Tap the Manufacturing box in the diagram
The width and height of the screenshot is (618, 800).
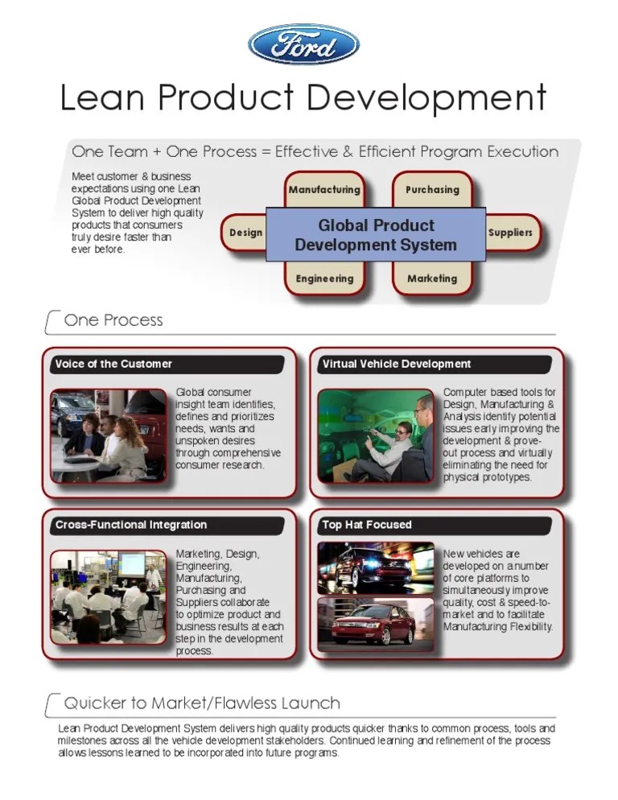click(324, 189)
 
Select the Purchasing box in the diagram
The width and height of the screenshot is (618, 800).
click(432, 189)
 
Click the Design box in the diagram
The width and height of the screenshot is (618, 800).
click(245, 233)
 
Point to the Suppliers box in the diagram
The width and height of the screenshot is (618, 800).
click(510, 233)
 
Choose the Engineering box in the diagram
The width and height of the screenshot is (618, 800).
click(324, 278)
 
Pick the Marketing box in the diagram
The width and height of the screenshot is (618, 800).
click(432, 278)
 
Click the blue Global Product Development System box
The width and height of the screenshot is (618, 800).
click(376, 234)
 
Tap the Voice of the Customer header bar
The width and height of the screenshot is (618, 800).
click(167, 364)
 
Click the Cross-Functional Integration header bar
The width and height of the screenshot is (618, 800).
click(167, 525)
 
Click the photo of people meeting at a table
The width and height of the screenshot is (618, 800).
click(109, 435)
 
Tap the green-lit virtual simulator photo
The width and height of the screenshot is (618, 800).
click(376, 435)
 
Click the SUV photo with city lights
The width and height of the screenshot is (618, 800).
click(376, 568)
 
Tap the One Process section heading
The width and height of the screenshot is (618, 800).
click(113, 320)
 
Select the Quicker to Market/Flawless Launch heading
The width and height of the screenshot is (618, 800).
click(202, 703)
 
